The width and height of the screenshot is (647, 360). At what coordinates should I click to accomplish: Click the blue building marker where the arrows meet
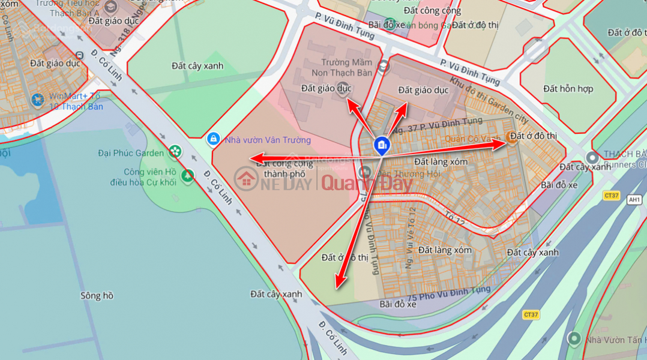click(x=381, y=145)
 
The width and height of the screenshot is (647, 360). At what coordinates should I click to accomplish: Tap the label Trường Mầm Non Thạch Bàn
click(x=339, y=67)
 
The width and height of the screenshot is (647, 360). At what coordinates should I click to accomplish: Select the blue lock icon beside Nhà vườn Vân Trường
click(x=212, y=139)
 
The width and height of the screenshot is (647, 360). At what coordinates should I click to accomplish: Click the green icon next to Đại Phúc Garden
click(x=175, y=152)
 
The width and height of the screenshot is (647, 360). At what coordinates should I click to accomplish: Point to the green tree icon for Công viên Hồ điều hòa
click(x=188, y=176)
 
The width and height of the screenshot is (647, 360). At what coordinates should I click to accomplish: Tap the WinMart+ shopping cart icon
click(x=38, y=100)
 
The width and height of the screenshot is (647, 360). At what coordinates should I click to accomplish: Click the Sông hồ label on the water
click(x=97, y=296)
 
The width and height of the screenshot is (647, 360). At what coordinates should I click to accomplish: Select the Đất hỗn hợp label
click(x=568, y=89)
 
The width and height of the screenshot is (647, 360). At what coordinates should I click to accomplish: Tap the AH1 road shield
click(x=634, y=199)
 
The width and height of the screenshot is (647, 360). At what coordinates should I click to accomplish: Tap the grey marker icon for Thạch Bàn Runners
click(x=592, y=158)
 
